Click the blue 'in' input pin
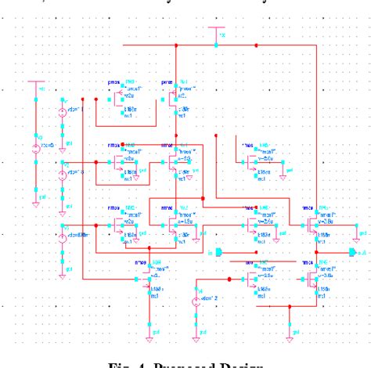pyautogui.click(x=220, y=252)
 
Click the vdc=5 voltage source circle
pyautogui.click(x=36, y=149)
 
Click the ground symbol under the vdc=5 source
pyautogui.click(x=36, y=205)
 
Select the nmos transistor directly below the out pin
pyautogui.click(x=313, y=279)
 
